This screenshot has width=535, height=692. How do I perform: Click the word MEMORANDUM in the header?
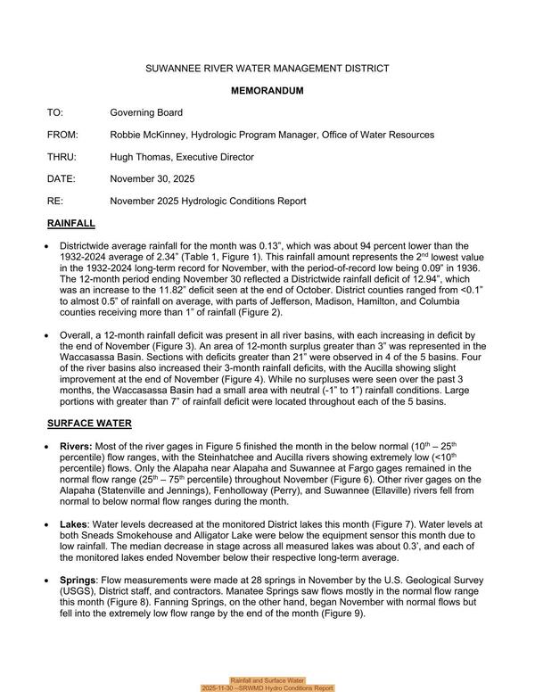point(267,91)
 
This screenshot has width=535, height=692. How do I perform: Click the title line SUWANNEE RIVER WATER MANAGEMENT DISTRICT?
point(267,69)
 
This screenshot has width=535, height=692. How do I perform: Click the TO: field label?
point(55,113)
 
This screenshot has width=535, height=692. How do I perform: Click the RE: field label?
point(55,202)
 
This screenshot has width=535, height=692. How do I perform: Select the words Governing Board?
point(146,113)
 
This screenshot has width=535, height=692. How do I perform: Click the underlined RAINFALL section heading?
point(70,223)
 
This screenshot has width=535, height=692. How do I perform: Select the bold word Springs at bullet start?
point(82,581)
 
